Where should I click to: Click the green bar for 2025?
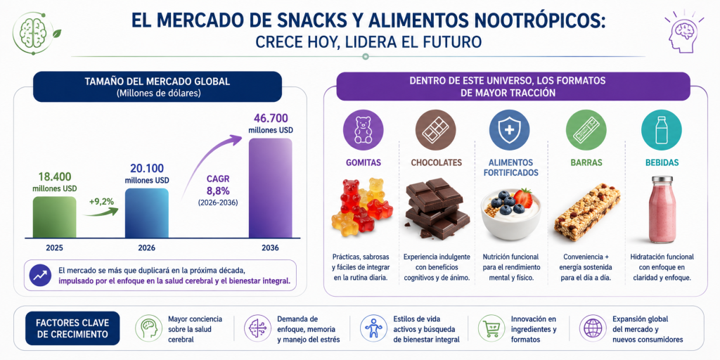click(54, 217)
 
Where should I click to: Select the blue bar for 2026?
click(146, 213)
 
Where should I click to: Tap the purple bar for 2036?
click(270, 188)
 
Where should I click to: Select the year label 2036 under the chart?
click(270, 248)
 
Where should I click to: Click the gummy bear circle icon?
click(364, 130)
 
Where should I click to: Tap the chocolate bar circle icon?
click(436, 130)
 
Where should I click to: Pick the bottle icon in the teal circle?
click(662, 130)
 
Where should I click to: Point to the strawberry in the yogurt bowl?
click(522, 198)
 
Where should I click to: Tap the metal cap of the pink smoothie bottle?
click(662, 179)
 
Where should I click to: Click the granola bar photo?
click(587, 211)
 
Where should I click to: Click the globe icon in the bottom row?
click(593, 328)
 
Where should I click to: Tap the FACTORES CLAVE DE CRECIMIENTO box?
click(72, 328)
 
